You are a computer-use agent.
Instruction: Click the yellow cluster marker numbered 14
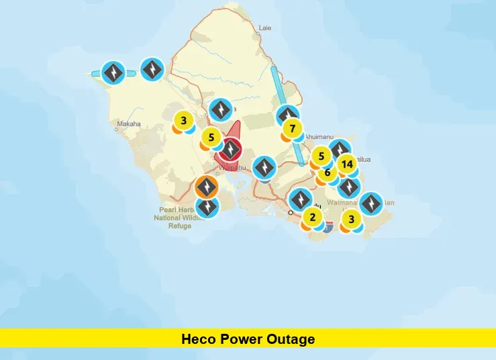coord(346,164)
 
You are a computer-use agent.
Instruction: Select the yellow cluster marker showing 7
coord(292,128)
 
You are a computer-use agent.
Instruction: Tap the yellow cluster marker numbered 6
coord(328,173)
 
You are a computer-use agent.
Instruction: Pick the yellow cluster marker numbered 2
coord(312,217)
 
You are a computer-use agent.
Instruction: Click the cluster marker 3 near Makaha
coord(183,122)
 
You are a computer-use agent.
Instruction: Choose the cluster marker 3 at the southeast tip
coord(351,218)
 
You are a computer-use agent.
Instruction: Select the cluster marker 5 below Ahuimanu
coord(321,156)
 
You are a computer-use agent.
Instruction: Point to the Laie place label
coord(265,28)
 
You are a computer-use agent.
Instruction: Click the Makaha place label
coord(129,124)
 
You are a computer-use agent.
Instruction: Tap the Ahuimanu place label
coord(319,136)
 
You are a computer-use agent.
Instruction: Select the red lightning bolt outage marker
coord(231,149)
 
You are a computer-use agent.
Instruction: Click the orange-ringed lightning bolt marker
coord(207,186)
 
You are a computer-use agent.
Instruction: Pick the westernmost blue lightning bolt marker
coord(115,72)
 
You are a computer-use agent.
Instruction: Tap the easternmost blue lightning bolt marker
coord(370,204)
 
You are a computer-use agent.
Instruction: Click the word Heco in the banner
coord(198,339)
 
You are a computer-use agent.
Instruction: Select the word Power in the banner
coord(242,339)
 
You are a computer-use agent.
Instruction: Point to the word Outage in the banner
coord(292,339)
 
